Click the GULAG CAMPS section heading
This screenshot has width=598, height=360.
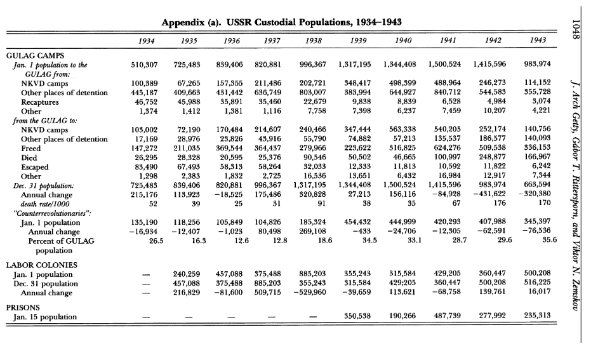(x=39, y=56)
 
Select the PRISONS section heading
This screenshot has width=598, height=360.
(x=23, y=307)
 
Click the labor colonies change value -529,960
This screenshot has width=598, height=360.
(x=310, y=293)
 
